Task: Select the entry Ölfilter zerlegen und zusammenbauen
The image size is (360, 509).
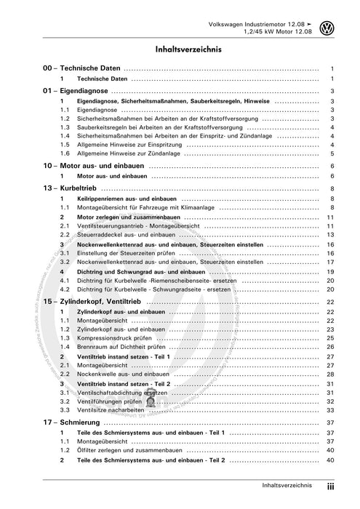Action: point(133,451)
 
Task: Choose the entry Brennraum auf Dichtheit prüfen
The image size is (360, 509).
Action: point(124,348)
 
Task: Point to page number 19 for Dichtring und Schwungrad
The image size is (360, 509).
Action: point(329,270)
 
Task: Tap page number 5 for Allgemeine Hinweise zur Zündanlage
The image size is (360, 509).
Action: point(332,153)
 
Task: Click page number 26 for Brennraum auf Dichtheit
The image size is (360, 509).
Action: point(329,348)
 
